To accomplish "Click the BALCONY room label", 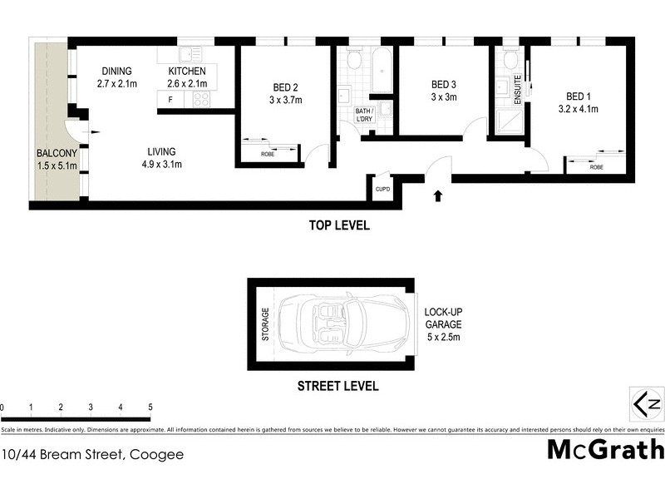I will (56, 160).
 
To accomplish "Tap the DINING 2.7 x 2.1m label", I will (116, 77).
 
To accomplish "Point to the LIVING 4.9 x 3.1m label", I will (161, 158).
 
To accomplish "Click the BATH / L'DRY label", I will (365, 115).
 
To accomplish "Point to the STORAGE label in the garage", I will (266, 326).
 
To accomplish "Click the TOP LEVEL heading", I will (339, 225).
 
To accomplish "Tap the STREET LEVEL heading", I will (337, 386).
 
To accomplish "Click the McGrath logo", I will (605, 449).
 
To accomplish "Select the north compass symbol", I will (647, 404).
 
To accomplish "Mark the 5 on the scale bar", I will (150, 408).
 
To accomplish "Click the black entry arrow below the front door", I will (438, 197).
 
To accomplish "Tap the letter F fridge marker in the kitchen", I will (170, 100).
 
